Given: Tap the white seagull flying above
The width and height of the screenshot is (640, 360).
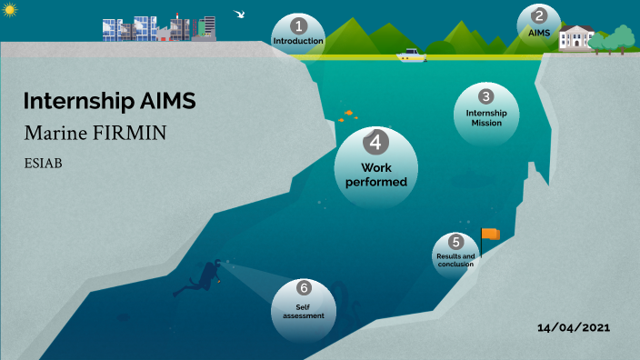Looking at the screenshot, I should [x=241, y=14].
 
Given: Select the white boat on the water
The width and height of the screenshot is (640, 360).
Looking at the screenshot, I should [x=412, y=55].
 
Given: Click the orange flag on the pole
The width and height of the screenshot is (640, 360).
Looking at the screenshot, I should [x=491, y=234].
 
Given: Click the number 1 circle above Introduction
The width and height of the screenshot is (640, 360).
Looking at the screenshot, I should [x=298, y=25].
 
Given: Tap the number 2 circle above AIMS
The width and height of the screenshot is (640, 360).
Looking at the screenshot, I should [x=539, y=15].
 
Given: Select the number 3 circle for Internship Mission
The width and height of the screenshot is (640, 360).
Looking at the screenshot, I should [x=486, y=95].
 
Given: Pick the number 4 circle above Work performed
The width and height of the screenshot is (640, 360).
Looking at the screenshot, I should [x=376, y=142].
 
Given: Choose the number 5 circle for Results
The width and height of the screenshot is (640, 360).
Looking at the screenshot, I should [x=455, y=242].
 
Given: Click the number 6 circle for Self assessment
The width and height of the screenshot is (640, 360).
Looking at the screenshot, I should [x=304, y=288].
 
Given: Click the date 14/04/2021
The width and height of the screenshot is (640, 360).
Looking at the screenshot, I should [x=573, y=327].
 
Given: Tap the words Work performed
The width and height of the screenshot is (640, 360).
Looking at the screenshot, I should [x=376, y=174].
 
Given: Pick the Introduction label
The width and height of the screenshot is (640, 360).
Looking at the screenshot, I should [x=298, y=41].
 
